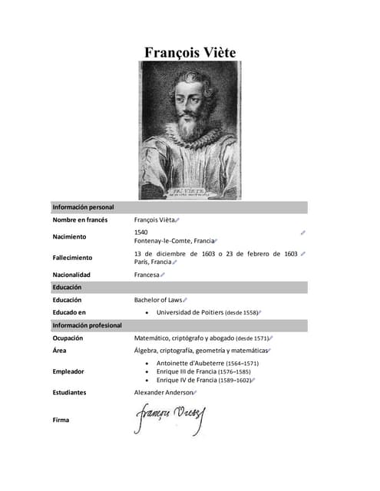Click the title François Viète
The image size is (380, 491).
coord(190,52)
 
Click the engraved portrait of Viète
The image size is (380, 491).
coord(189,130)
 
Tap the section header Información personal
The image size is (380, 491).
coord(83,207)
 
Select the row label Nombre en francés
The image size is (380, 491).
coord(80,220)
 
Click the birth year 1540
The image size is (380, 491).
coord(141,232)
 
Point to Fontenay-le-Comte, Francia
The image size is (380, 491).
coord(173,241)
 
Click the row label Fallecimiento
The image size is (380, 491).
coord(72,258)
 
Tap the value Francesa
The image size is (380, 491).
coord(147,275)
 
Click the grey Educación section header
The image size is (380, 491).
coord(67,287)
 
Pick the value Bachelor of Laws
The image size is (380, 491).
coord(158,300)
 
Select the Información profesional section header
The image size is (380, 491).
coord(87,325)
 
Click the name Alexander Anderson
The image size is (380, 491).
coord(164,393)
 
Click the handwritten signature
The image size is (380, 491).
coord(170,419)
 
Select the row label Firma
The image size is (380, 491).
coord(61,420)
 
